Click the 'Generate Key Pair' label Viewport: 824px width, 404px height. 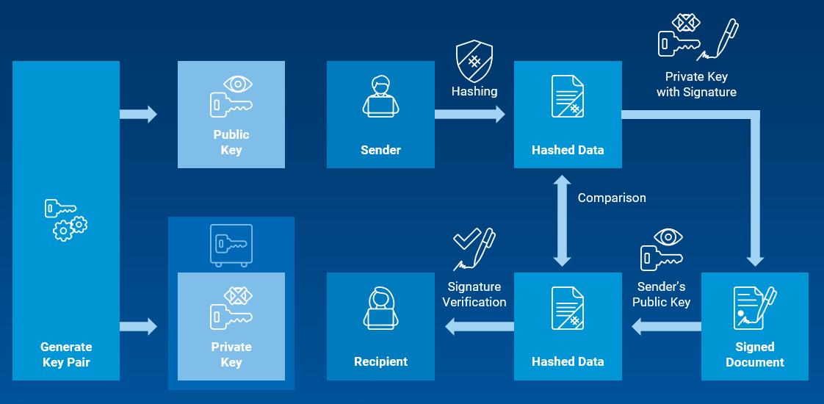click(x=66, y=354)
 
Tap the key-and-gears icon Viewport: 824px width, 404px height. click(x=65, y=220)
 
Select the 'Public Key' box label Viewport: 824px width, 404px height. click(x=231, y=142)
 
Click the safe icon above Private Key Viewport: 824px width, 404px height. click(x=231, y=244)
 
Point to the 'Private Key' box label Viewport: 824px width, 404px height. click(x=231, y=354)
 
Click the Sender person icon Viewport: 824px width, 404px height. click(x=380, y=96)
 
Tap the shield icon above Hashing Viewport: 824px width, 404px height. click(x=474, y=61)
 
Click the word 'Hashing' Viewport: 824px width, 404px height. click(x=474, y=92)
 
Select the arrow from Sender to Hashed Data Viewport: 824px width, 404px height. click(x=470, y=114)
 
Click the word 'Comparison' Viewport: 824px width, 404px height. click(x=612, y=198)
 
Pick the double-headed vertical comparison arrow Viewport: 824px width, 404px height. click(x=563, y=220)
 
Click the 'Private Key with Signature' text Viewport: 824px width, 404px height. click(x=696, y=84)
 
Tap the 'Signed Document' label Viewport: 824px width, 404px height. click(x=755, y=354)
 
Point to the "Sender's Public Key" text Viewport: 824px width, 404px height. click(x=661, y=294)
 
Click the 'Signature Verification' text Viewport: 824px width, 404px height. click(x=474, y=294)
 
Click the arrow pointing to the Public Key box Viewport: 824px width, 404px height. click(x=139, y=114)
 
